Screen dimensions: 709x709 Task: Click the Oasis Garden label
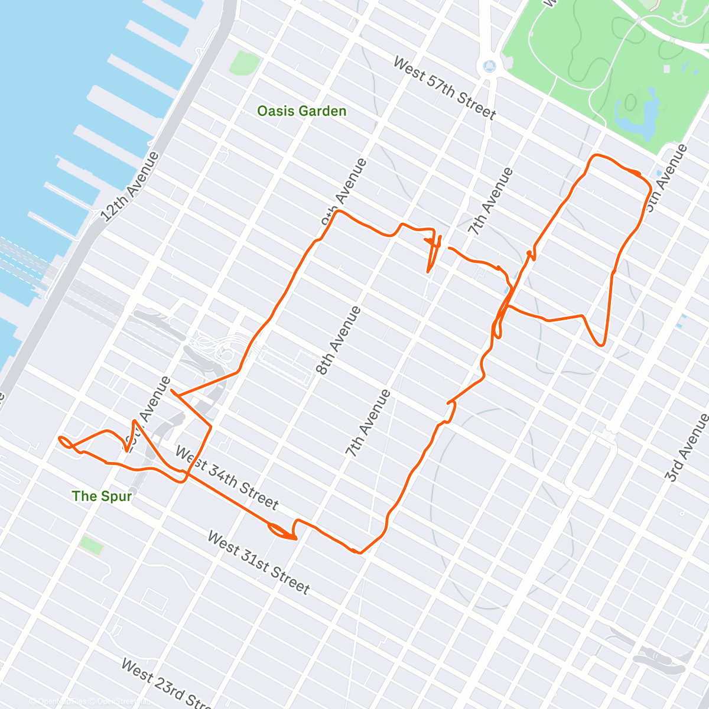(x=301, y=111)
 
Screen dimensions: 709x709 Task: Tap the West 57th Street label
(x=444, y=88)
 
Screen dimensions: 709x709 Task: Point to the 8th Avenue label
(x=339, y=341)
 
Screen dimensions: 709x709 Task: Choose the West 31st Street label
(x=258, y=562)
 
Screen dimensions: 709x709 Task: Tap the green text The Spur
(x=102, y=496)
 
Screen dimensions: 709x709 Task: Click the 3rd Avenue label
(x=687, y=448)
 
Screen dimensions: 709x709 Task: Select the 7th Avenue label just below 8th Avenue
(x=368, y=424)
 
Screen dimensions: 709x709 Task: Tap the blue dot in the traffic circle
(x=489, y=66)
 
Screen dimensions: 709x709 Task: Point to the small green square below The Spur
(x=91, y=545)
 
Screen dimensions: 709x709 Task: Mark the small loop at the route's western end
(x=65, y=441)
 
